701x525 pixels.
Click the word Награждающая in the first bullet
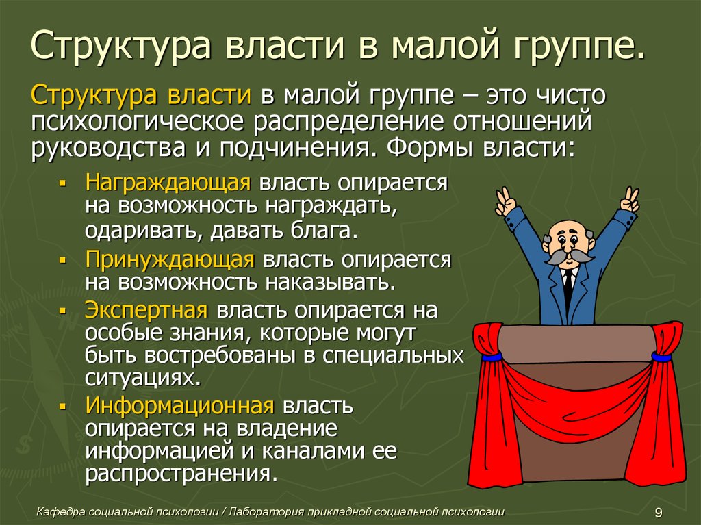click(168, 183)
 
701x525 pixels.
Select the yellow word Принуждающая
click(170, 260)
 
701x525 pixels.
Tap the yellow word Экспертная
click(146, 310)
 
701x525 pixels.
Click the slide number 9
click(659, 512)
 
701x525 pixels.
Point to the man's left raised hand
click(505, 201)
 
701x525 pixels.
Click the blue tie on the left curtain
click(492, 357)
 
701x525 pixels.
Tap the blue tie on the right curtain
click(661, 357)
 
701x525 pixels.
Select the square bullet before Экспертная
click(62, 310)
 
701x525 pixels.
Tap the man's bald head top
click(564, 226)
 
